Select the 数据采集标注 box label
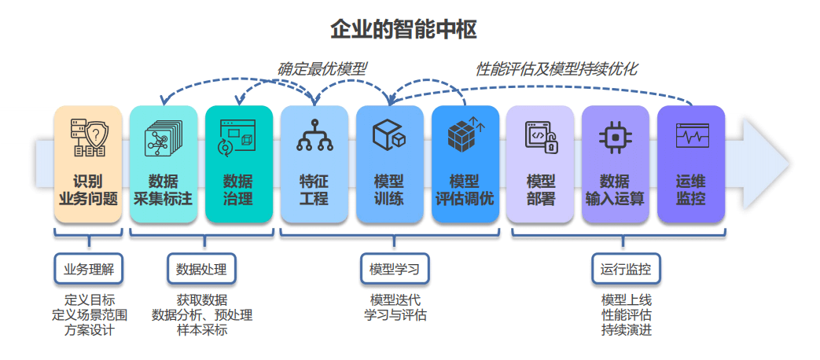(163, 189)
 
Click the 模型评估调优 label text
(465, 189)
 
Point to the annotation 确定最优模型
(322, 69)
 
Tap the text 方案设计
(89, 330)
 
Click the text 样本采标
(202, 330)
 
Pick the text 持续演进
(626, 330)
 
